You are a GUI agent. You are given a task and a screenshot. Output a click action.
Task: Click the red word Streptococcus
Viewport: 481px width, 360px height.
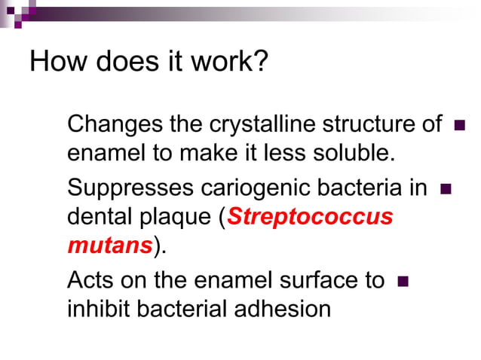[310, 217]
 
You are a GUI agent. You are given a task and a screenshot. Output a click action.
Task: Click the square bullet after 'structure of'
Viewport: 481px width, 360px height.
[459, 125]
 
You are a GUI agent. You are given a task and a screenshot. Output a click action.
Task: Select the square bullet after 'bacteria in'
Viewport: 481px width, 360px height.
[444, 188]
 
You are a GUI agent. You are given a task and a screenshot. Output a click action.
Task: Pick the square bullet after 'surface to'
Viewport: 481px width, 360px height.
[402, 282]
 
